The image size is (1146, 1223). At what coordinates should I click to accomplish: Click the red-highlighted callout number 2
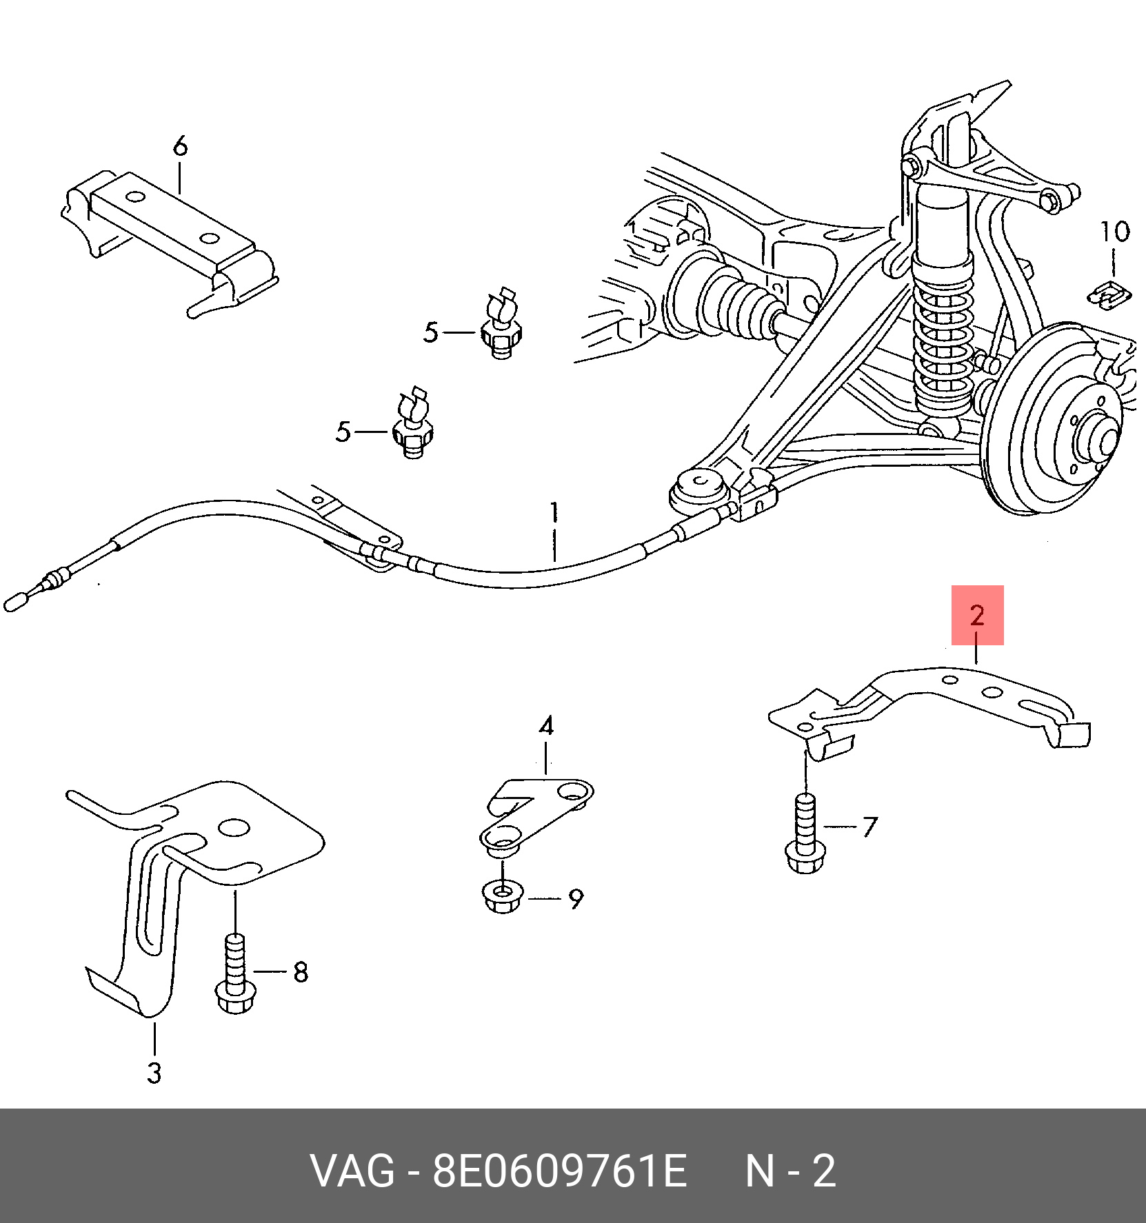976,615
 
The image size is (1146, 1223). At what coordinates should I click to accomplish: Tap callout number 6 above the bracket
180,146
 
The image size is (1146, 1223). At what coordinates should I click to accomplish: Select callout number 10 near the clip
1114,232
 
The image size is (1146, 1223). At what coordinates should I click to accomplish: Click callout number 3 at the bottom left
154,1073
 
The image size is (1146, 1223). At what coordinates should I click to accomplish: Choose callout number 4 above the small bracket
546,726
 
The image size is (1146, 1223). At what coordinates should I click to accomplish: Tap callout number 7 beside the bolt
869,826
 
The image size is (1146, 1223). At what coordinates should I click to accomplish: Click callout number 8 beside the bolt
300,972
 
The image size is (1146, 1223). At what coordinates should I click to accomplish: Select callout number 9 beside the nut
576,899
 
